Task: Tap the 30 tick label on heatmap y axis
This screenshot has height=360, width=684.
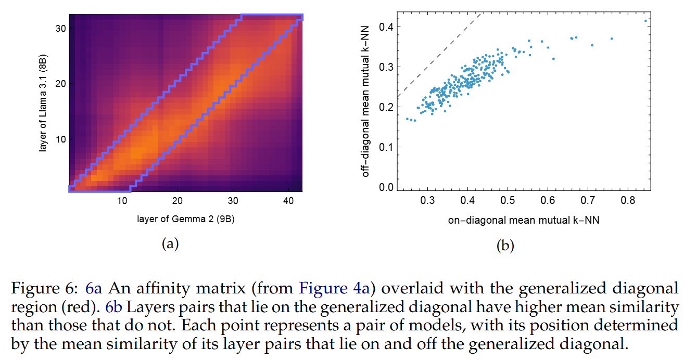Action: (60, 28)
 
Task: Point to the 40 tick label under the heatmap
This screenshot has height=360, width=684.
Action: (287, 201)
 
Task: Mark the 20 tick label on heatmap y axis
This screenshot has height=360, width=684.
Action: (60, 84)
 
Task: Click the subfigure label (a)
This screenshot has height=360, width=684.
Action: (170, 243)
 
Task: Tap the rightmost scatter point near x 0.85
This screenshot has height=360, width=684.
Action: (645, 21)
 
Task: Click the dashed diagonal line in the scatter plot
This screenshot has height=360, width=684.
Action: (437, 57)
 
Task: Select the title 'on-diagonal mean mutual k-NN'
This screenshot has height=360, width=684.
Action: (524, 220)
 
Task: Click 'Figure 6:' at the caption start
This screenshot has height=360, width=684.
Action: (45, 288)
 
